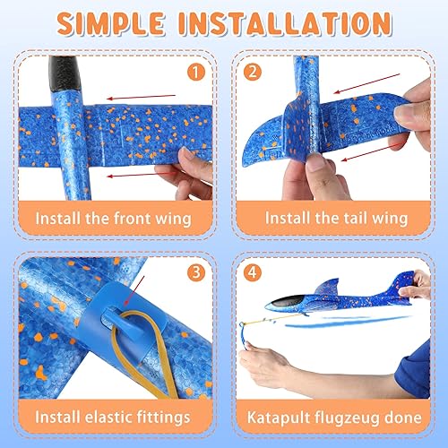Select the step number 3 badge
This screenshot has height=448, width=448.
pos(195,270)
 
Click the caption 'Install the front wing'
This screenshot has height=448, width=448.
pos(114,218)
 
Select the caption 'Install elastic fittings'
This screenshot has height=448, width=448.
pos(114,416)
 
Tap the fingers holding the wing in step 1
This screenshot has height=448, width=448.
pos(185,170)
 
